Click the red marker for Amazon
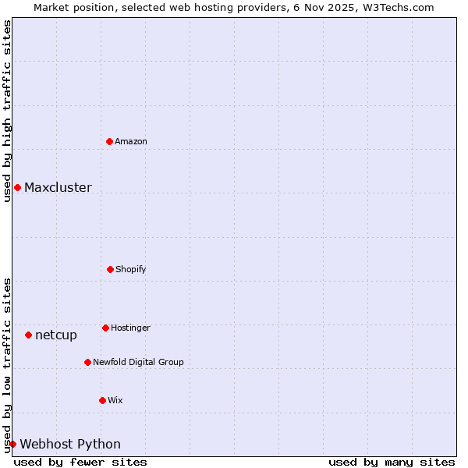pyautogui.click(x=109, y=141)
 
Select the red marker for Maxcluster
pyautogui.click(x=17, y=187)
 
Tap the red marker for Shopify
pyautogui.click(x=110, y=269)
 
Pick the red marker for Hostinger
pyautogui.click(x=105, y=328)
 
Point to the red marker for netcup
pyautogui.click(x=28, y=335)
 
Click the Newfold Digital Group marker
pyautogui.click(x=87, y=362)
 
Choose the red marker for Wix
pyautogui.click(x=102, y=400)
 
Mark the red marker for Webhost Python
pyautogui.click(x=12, y=444)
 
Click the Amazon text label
pyautogui.click(x=131, y=141)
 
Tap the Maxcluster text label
pyautogui.click(x=58, y=187)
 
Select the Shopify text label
pyautogui.click(x=131, y=269)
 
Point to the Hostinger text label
pyautogui.click(x=130, y=328)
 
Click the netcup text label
pyautogui.click(x=56, y=335)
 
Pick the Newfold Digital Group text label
pyautogui.click(x=138, y=362)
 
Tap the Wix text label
pyautogui.click(x=115, y=400)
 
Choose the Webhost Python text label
pyautogui.click(x=70, y=444)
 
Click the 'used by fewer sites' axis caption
pyautogui.click(x=80, y=462)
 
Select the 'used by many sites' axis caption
pyautogui.click(x=392, y=462)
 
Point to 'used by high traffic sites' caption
pyautogui.click(x=7, y=111)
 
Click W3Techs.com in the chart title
pyautogui.click(x=396, y=7)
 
